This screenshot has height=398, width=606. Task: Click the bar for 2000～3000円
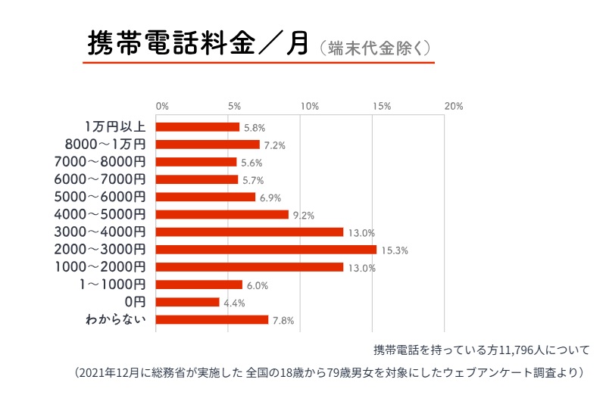tap(266, 249)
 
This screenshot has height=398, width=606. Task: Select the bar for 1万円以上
tap(198, 127)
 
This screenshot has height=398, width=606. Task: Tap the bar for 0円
tap(187, 302)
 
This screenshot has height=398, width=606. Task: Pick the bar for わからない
tap(212, 319)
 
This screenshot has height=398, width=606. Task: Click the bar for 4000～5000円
tap(222, 214)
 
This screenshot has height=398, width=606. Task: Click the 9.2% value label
tap(304, 216)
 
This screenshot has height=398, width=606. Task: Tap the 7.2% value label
tap(275, 145)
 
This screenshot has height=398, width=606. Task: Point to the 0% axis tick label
tap(162, 107)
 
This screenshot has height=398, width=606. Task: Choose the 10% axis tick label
tap(308, 107)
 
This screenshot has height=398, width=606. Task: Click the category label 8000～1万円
tap(106, 144)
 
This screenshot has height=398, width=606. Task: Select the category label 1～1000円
tap(114, 285)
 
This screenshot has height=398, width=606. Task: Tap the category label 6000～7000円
tap(100, 179)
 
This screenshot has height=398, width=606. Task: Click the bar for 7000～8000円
tap(196, 162)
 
